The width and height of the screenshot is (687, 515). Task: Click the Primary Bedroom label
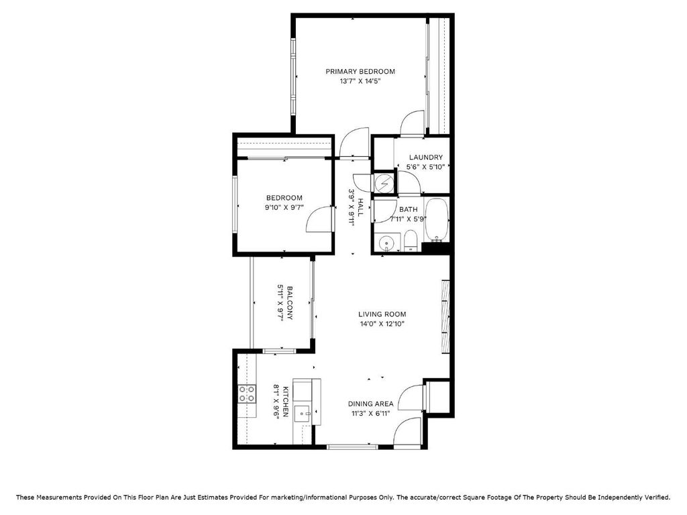click(x=360, y=71)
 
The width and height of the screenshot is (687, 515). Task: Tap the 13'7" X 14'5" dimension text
click(x=360, y=81)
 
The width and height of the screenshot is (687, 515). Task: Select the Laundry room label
click(x=426, y=157)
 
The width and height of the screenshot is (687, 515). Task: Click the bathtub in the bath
click(x=436, y=220)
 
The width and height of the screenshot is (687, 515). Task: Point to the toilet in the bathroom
click(x=411, y=241)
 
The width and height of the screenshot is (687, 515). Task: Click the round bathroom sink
click(x=386, y=242)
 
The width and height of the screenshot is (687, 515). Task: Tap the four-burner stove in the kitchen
click(x=247, y=393)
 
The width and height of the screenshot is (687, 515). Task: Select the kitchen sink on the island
click(x=303, y=412)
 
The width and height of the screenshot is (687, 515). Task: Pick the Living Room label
click(x=382, y=314)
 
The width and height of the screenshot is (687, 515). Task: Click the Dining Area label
click(x=370, y=404)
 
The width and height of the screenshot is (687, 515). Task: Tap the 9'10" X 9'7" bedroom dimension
click(x=284, y=208)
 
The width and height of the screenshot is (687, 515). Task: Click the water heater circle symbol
click(x=384, y=184)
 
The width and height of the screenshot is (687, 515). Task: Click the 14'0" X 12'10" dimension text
click(x=382, y=324)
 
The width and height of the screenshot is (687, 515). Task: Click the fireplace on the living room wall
click(x=445, y=315)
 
